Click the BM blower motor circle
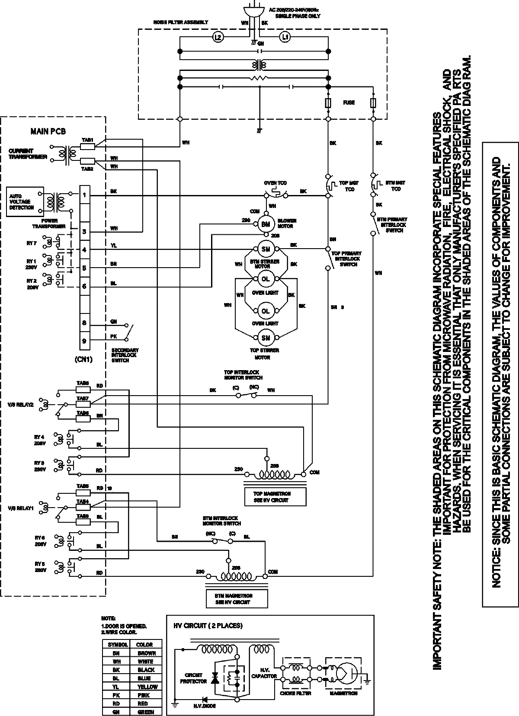pyautogui.click(x=265, y=224)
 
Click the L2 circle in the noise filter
pyautogui.click(x=218, y=38)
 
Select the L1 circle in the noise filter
pyautogui.click(x=285, y=38)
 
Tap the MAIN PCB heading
pyautogui.click(x=48, y=131)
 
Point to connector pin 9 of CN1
pyautogui.click(x=85, y=341)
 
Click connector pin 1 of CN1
pyautogui.click(x=85, y=195)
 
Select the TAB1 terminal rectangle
pyautogui.click(x=87, y=146)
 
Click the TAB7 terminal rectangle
pyautogui.click(x=83, y=404)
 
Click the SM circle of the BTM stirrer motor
pyautogui.click(x=266, y=249)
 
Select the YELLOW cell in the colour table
pyautogui.click(x=147, y=686)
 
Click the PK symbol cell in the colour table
pyautogui.click(x=116, y=695)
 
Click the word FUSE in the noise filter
pyautogui.click(x=349, y=102)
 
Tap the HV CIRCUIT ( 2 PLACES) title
pyautogui.click(x=208, y=626)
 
